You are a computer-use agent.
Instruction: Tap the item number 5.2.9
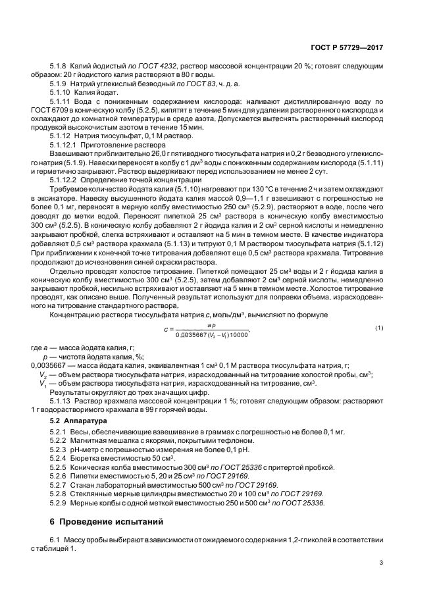tap(60, 502)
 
